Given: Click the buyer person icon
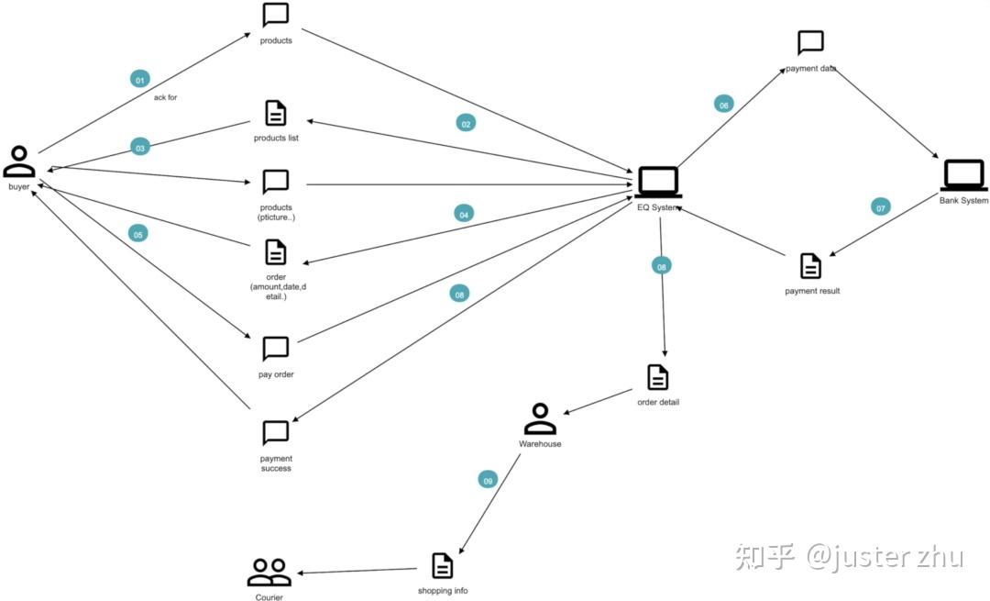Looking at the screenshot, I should [x=19, y=161].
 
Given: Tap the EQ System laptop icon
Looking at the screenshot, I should [x=658, y=182].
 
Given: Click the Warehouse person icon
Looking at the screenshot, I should [x=540, y=419].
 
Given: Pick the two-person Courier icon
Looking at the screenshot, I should [x=269, y=573].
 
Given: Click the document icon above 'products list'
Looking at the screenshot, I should [x=275, y=113].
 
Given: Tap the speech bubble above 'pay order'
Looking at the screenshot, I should [x=275, y=349].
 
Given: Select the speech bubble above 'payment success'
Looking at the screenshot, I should [x=275, y=432].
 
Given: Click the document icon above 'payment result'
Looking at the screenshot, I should [x=810, y=266].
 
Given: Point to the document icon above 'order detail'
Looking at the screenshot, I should [x=657, y=377].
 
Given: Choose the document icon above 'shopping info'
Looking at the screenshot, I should [x=442, y=565].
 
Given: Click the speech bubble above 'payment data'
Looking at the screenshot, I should [x=810, y=42].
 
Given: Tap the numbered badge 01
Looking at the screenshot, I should [x=140, y=80].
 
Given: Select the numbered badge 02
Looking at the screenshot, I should [x=466, y=123].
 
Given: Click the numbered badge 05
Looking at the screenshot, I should [x=138, y=234].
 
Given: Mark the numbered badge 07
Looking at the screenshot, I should [x=880, y=207].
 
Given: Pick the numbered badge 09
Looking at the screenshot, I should [x=488, y=480].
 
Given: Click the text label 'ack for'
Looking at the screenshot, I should [x=165, y=97].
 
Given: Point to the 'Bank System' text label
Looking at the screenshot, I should [x=963, y=201].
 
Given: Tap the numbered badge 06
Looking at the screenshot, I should [x=724, y=105].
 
